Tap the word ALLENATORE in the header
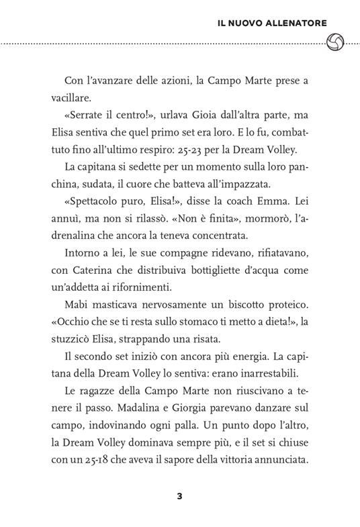292,23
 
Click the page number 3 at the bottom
179,497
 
